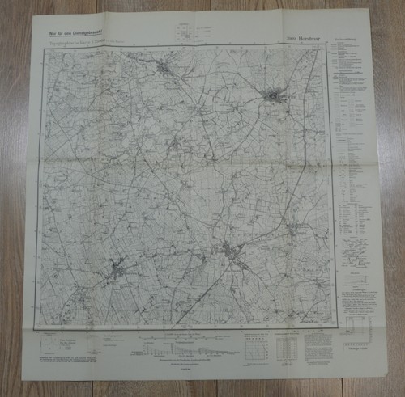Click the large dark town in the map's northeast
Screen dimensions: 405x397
[x=276, y=97]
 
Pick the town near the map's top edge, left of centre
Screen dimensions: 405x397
[x=165, y=68]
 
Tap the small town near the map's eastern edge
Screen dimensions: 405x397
[x=295, y=234]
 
